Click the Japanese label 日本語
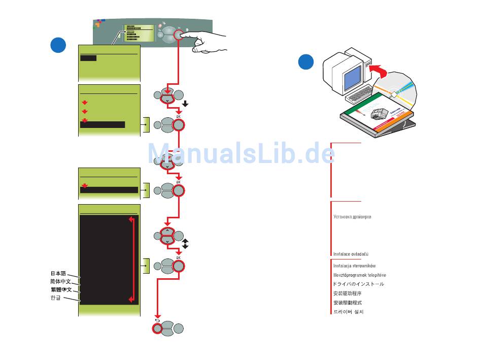point(58,273)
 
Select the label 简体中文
point(60,281)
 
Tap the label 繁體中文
point(60,289)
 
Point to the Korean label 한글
point(55,298)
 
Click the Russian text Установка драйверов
point(352,217)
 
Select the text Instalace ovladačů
point(351,253)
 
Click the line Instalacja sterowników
point(354,266)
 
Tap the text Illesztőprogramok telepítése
point(359,275)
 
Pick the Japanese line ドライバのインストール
point(358,284)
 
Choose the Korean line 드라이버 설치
point(348,312)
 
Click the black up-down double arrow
point(186,243)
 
